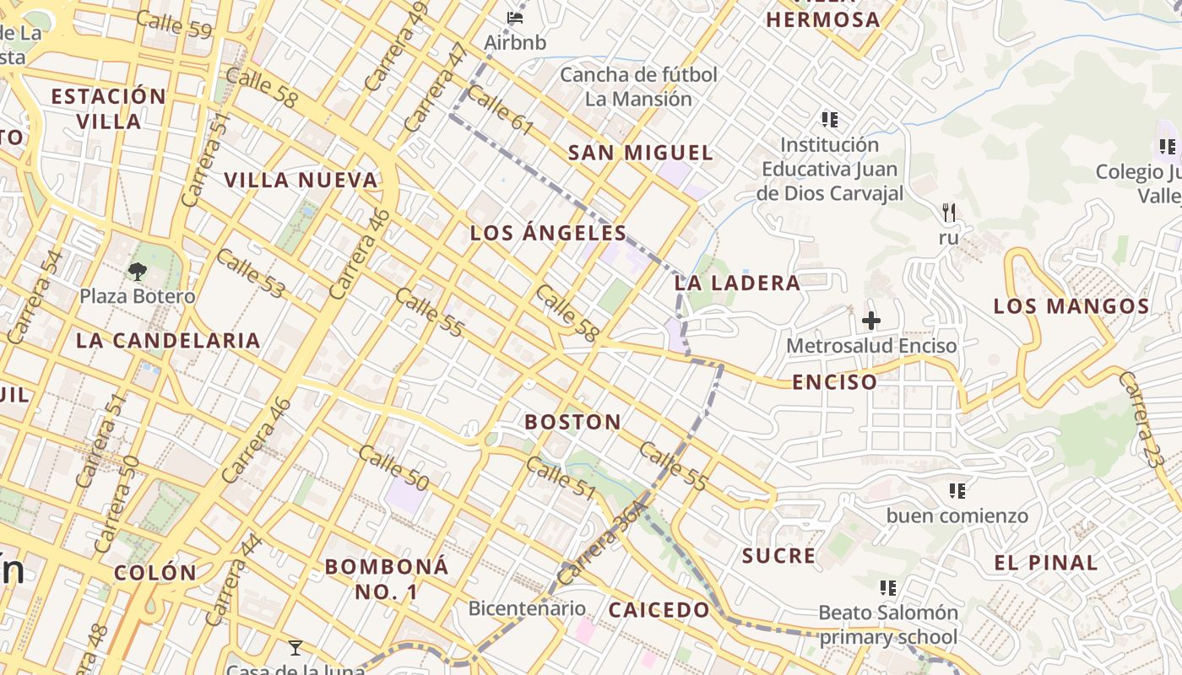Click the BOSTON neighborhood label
pyautogui.click(x=573, y=422)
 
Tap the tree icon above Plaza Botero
pyautogui.click(x=137, y=272)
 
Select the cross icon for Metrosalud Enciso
pyautogui.click(x=871, y=321)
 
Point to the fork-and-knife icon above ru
pyautogui.click(x=949, y=213)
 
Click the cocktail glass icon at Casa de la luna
pyautogui.click(x=295, y=648)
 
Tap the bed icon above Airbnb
pyautogui.click(x=515, y=17)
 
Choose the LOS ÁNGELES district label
pyautogui.click(x=548, y=234)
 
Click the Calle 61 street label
pyautogui.click(x=500, y=110)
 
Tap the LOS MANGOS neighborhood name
pyautogui.click(x=1071, y=306)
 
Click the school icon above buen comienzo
pyautogui.click(x=957, y=490)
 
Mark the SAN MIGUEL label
pyautogui.click(x=641, y=153)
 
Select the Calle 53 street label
pyautogui.click(x=250, y=273)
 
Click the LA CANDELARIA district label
pyautogui.click(x=168, y=341)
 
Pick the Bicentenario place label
pyautogui.click(x=527, y=608)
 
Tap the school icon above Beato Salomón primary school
pyautogui.click(x=887, y=587)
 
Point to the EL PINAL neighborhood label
pyautogui.click(x=1046, y=563)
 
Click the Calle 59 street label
pyautogui.click(x=174, y=24)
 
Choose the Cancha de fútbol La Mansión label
pyautogui.click(x=638, y=87)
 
